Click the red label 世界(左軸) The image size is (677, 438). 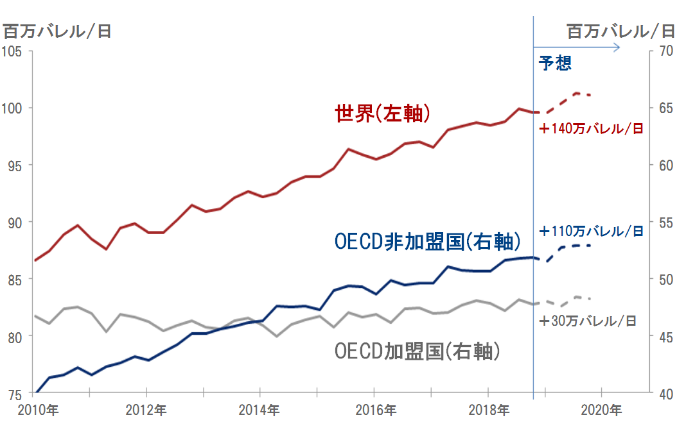tap(382, 114)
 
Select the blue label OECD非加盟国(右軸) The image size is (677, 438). tap(426, 241)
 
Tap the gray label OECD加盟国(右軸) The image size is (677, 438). tap(417, 351)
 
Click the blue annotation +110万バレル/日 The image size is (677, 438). tap(591, 231)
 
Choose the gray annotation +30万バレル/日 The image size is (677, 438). tap(588, 321)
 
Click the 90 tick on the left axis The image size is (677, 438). tap(16, 222)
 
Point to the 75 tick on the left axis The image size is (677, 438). tap(16, 393)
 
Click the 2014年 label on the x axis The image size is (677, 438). tap(259, 410)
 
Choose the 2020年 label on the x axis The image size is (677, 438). tap(601, 410)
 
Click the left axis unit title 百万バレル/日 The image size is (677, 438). tap(57, 31)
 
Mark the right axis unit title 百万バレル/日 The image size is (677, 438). tap(620, 31)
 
